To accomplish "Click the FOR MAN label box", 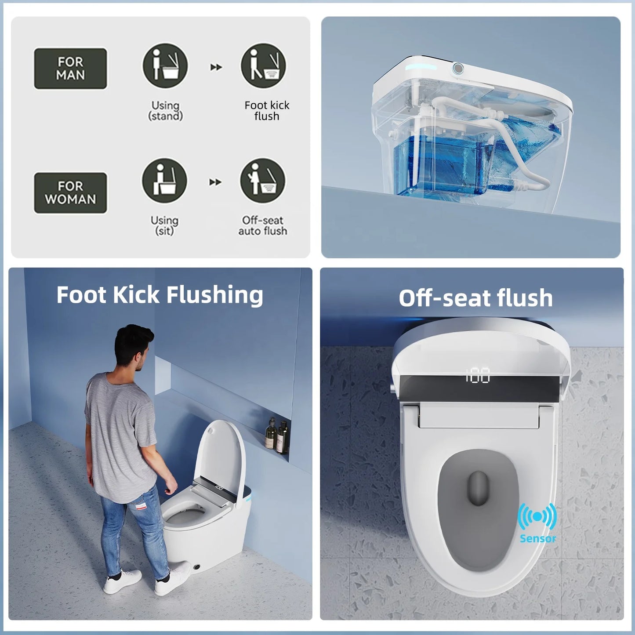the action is click(x=70, y=69).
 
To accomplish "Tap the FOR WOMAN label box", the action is click(x=70, y=193).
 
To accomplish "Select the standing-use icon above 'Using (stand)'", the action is click(x=165, y=65).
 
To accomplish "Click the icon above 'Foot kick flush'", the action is click(x=263, y=65).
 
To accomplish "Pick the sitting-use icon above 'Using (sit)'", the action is click(x=164, y=181).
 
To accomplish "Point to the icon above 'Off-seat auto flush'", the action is click(x=263, y=181).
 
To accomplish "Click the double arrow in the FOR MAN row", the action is click(x=216, y=67).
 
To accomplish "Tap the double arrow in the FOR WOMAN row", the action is click(x=215, y=182).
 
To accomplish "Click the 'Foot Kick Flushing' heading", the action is click(x=160, y=295).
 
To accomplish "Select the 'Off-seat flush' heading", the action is click(x=475, y=298).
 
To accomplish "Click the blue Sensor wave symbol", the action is click(x=537, y=516).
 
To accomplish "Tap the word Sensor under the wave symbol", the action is click(x=538, y=538).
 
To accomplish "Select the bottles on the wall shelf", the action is click(x=277, y=435).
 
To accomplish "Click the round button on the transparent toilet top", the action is click(x=458, y=69).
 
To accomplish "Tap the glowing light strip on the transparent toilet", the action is click(x=421, y=68).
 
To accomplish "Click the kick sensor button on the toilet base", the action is click(x=197, y=567).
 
